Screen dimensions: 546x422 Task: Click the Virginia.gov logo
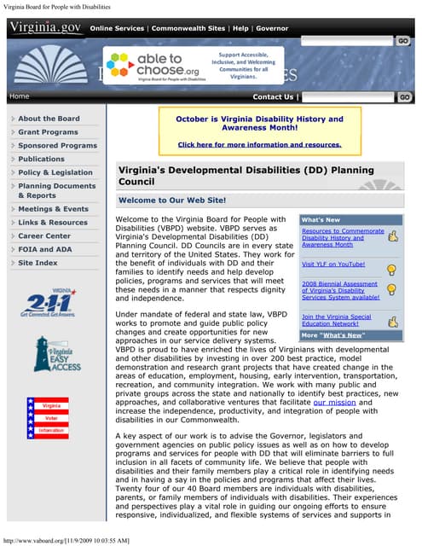tap(44, 27)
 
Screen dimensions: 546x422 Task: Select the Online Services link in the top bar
tap(117, 28)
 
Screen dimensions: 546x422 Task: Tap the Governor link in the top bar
tap(272, 28)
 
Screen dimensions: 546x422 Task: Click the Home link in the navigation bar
tap(19, 96)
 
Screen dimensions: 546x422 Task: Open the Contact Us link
tap(272, 97)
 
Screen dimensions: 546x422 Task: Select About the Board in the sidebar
tap(49, 119)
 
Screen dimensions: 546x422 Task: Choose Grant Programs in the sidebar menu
tap(48, 132)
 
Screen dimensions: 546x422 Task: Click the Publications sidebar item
tap(41, 159)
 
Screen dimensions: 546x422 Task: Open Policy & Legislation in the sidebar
tap(55, 172)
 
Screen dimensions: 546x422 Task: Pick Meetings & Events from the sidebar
tap(53, 209)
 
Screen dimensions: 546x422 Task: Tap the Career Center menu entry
tap(44, 235)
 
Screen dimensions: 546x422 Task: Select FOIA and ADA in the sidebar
tap(44, 249)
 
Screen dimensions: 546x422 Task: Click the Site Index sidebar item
tap(38, 263)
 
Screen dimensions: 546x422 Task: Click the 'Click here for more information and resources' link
tap(259, 145)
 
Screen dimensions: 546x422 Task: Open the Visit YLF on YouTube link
tap(333, 264)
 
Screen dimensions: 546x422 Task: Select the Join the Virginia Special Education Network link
tap(336, 321)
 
